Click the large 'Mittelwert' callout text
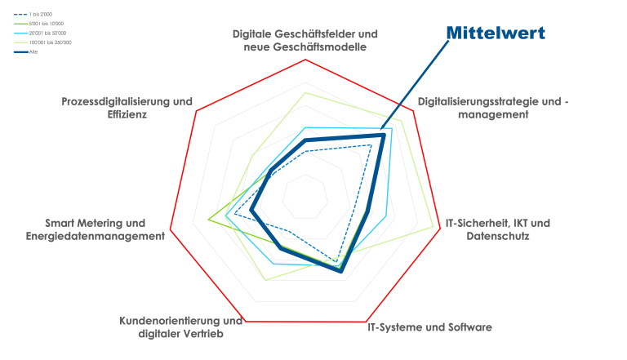(x=495, y=33)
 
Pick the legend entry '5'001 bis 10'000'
(x=42, y=24)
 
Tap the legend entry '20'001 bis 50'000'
(x=44, y=33)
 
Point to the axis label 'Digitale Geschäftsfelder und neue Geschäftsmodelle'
(x=305, y=41)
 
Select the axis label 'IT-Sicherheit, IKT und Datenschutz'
(x=497, y=229)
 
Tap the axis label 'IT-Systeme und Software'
(x=429, y=327)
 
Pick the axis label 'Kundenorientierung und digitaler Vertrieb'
(x=181, y=327)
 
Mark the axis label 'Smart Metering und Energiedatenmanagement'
(x=95, y=229)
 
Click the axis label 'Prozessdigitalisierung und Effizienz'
(x=127, y=109)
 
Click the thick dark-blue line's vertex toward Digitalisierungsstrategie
(x=381, y=135)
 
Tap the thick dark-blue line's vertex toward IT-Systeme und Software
(x=341, y=271)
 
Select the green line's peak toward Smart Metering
(x=209, y=219)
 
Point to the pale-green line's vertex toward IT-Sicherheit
(x=432, y=226)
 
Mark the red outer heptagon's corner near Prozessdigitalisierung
(x=197, y=113)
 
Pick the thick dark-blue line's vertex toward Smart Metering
(x=251, y=211)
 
